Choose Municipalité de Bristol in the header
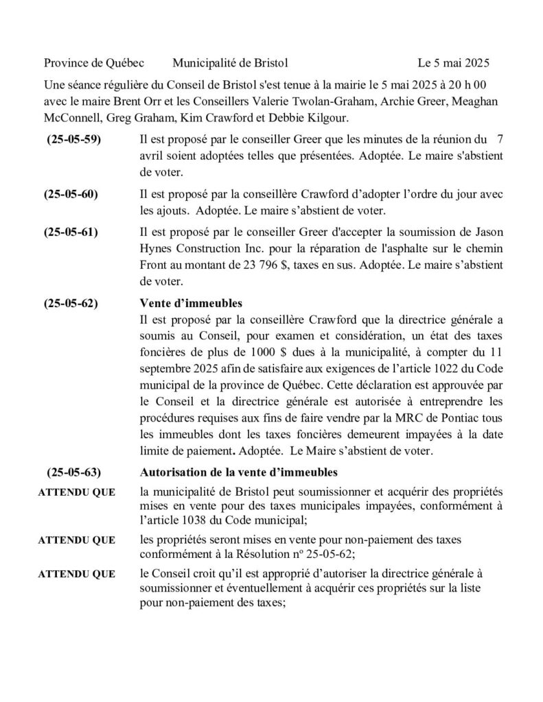tap(230, 63)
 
